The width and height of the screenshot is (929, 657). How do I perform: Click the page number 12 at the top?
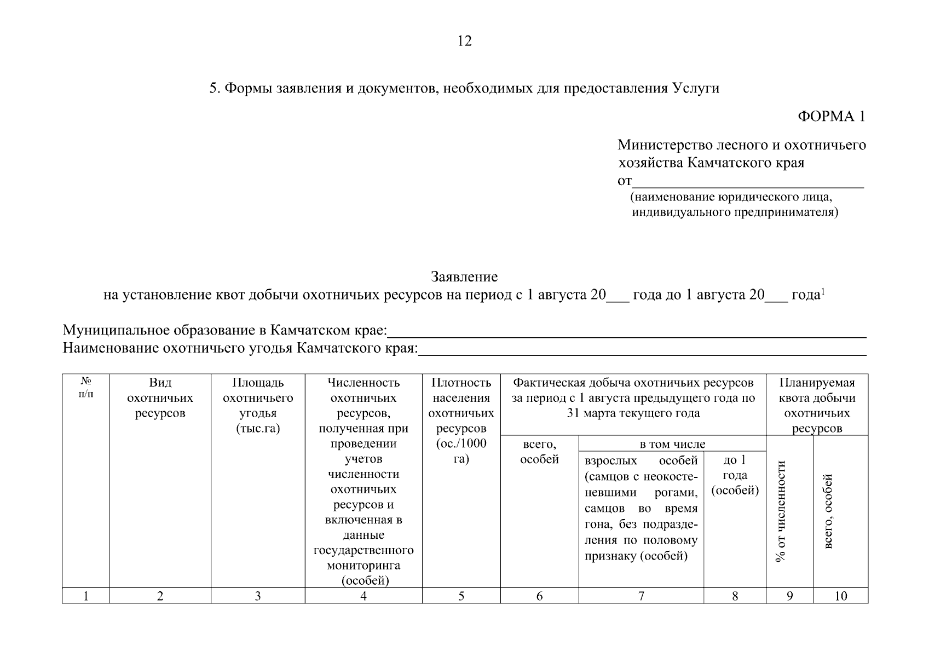464,41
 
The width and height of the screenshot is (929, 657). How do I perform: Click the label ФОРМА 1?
832,117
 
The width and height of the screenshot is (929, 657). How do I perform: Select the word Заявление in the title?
464,276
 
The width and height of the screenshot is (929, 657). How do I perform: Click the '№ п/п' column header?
86,388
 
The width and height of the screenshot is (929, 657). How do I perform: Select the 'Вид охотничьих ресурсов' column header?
160,398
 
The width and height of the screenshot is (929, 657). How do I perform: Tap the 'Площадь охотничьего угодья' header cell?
258,405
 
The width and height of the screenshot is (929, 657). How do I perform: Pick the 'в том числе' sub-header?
672,444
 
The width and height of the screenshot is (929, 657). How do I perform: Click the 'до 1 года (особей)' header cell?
735,475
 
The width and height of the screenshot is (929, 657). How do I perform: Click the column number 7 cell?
641,596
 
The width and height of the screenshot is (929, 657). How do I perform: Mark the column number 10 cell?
840,596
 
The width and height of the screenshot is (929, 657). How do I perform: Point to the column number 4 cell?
363,596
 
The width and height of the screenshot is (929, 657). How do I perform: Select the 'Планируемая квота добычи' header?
817,405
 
